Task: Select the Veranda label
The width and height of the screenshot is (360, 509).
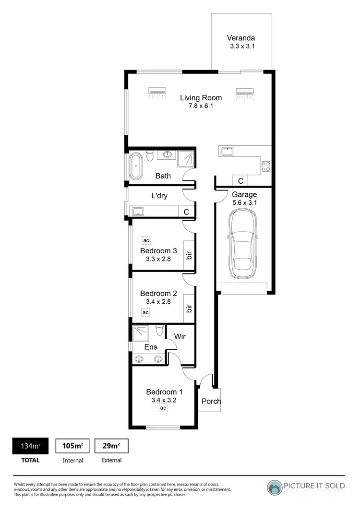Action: pos(241,38)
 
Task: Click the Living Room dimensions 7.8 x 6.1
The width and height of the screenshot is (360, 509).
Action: pos(201,106)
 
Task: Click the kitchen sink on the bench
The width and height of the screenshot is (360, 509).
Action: pos(226,152)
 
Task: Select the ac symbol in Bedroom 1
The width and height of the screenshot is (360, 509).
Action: pos(163,408)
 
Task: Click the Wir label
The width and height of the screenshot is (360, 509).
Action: pos(180,337)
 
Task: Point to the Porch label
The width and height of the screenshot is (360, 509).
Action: pos(211,401)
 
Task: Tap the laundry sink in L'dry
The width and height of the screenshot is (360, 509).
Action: pos(138,211)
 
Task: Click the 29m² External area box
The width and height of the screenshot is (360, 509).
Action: pos(111,446)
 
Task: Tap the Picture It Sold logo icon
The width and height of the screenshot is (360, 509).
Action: pos(275,487)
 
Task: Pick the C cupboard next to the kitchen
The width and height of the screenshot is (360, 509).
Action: pos(240,181)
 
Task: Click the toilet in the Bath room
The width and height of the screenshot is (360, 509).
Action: pos(151,155)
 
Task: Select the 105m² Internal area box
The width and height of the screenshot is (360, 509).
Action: pos(72,446)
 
